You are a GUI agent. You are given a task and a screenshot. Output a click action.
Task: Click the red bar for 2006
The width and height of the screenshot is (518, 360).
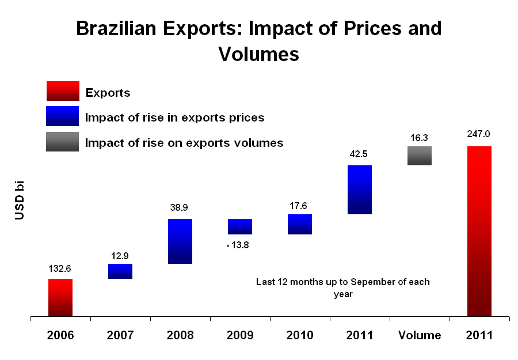[60, 297]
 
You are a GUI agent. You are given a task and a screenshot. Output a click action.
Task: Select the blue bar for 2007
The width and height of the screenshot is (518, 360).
[120, 271]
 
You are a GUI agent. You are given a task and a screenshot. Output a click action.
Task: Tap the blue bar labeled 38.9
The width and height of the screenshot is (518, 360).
[180, 241]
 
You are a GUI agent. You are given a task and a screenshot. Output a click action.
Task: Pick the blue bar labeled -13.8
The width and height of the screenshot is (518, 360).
[239, 226]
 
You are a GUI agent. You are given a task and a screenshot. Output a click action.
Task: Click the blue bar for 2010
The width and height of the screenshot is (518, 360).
[299, 224]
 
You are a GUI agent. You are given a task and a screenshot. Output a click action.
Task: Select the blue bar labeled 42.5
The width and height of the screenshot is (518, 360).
[359, 190]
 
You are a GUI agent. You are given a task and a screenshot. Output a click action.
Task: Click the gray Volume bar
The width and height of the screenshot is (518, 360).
[419, 156]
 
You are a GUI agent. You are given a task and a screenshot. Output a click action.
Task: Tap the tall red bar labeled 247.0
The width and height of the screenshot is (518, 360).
[479, 231]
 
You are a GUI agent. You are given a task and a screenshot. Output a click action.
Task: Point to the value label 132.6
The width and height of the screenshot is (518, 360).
[60, 268]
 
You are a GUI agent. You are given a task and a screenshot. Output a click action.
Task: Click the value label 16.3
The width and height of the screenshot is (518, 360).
[419, 138]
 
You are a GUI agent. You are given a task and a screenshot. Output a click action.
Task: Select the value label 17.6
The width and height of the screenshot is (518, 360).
[299, 206]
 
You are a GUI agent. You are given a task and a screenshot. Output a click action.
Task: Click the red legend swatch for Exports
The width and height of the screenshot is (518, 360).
[62, 91]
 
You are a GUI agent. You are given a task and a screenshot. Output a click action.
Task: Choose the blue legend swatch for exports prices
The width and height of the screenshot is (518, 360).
[62, 116]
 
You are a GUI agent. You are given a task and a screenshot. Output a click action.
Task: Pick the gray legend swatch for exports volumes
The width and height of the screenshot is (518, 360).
[62, 142]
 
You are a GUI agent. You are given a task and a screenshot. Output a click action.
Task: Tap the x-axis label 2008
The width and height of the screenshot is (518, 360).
[180, 335]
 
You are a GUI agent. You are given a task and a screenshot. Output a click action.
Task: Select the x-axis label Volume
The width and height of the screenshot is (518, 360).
[419, 335]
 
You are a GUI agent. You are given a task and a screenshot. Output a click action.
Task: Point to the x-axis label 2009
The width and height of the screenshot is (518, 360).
[239, 335]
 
